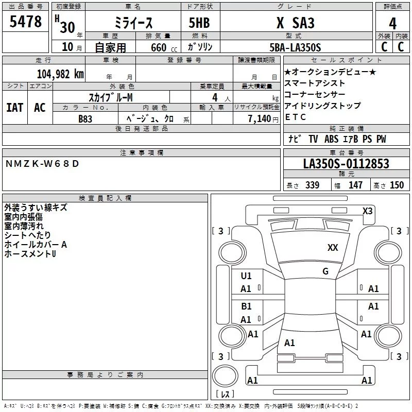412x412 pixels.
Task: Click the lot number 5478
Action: point(26,22)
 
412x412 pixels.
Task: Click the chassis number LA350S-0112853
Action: point(346,164)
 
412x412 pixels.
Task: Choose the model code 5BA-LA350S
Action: point(295,47)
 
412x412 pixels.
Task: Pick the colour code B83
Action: point(85,118)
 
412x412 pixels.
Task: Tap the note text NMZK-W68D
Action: point(43,163)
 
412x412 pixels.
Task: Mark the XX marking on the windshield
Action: point(333,248)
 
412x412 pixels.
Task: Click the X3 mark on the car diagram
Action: point(367,211)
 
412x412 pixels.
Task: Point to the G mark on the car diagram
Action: point(325,271)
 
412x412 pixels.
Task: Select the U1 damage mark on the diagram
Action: point(246,276)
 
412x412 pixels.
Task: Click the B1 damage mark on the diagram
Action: point(246,306)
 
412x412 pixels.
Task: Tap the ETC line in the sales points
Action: point(296,117)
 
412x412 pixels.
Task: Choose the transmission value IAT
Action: point(14,107)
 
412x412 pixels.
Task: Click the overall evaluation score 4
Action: point(393,23)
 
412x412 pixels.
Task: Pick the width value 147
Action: point(355,185)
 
